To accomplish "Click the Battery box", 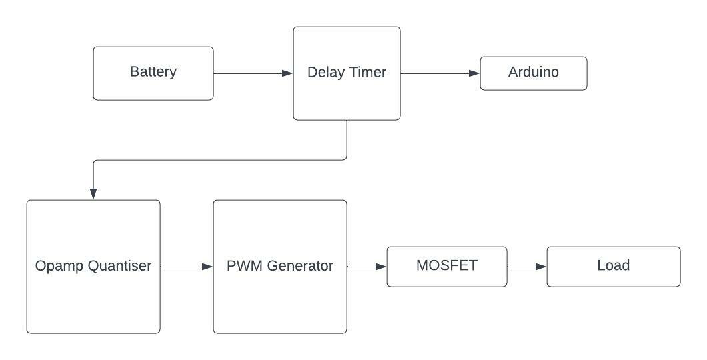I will (153, 73).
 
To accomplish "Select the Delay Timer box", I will (347, 73).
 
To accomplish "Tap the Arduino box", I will (534, 73).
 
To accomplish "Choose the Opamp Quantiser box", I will (93, 267).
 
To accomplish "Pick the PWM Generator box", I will (280, 267).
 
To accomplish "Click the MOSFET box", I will (447, 266).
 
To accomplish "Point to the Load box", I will (614, 266).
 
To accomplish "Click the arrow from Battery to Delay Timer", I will (253, 73).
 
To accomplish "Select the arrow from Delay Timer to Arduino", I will (440, 73).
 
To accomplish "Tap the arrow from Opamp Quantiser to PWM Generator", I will (187, 267).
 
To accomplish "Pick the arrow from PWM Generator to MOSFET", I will (367, 267).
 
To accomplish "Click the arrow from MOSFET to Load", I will (527, 267).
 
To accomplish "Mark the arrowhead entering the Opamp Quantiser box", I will (93, 193).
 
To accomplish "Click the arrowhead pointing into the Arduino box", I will (474, 73).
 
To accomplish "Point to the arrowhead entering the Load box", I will (541, 267).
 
